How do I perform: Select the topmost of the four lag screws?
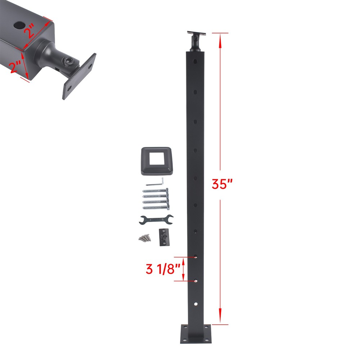tap(157, 191)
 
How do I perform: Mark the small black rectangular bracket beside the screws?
tap(163, 237)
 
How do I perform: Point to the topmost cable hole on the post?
tap(195, 62)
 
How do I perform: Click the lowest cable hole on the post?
tap(195, 305)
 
